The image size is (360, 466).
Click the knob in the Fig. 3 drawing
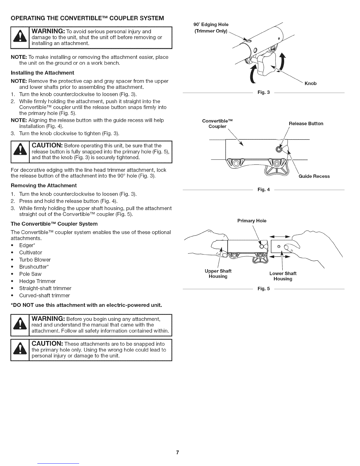tap(267, 62)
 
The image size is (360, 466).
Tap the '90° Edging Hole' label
tap(211, 24)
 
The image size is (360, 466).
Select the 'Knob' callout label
tap(311, 84)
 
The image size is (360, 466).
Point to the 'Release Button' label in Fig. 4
tap(306, 124)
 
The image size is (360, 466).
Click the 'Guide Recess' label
tap(314, 176)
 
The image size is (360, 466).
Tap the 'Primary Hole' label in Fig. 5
tap(252, 221)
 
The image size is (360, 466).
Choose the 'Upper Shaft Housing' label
tap(218, 274)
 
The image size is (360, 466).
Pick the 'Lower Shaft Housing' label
tap(283, 276)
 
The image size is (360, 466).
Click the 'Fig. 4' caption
tap(264, 189)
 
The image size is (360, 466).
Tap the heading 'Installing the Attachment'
tap(42, 73)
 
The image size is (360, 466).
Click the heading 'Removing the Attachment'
tap(44, 186)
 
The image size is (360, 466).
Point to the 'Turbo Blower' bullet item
tap(35, 260)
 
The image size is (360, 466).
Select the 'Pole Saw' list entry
tap(30, 274)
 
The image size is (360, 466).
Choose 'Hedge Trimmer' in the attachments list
tap(37, 281)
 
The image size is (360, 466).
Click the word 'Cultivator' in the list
tap(31, 253)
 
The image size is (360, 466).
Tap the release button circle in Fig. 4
tap(279, 149)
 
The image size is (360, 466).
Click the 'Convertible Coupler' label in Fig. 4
tap(217, 124)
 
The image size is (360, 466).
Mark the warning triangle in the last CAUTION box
tap(20, 350)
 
